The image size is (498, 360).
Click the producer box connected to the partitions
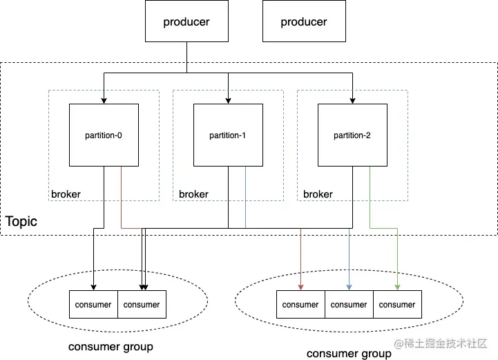coord(186,22)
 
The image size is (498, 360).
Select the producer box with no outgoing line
coord(304,22)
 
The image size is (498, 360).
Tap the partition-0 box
coord(104,135)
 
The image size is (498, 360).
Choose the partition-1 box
coord(228,135)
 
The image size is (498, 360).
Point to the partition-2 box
coord(352,135)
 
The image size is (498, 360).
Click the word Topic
coord(21,222)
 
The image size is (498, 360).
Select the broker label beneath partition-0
coord(66,194)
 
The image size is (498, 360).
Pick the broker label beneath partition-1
coord(193,194)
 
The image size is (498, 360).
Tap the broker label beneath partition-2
coord(318,194)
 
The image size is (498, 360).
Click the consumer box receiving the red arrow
coord(300,305)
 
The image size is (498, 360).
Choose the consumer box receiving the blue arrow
coord(349,305)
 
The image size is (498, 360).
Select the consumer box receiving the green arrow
coord(397,305)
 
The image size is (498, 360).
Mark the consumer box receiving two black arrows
coord(142,305)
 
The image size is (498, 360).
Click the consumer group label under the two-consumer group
coord(111,346)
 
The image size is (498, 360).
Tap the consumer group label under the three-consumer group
coord(349,354)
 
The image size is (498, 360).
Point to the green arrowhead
coord(398,287)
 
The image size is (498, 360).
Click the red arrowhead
coord(301,287)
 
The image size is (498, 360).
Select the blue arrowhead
coord(349,287)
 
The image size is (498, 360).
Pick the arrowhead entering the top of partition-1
coord(228,100)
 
